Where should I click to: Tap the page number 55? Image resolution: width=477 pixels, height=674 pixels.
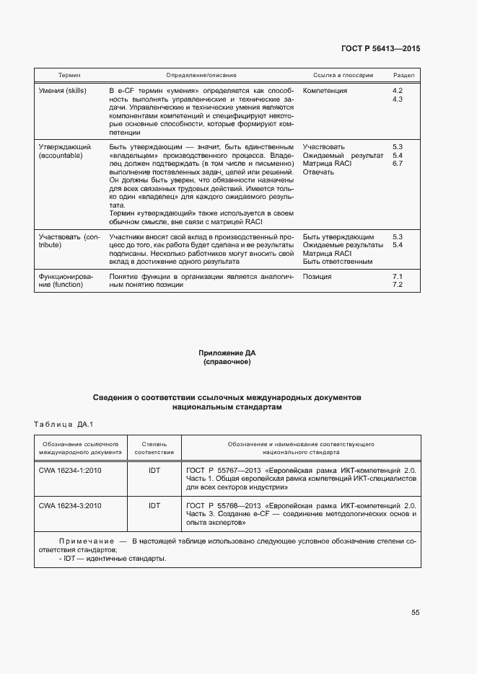[415, 613]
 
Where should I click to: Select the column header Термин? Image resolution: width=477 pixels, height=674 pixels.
[69, 75]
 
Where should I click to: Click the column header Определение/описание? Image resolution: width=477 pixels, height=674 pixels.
[201, 75]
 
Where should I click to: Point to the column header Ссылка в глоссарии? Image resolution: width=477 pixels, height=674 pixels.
[343, 75]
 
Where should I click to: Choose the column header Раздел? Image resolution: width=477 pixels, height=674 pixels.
[403, 75]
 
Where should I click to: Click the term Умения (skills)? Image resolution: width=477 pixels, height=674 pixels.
[61, 91]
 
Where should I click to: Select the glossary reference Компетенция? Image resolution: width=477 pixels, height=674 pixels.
[325, 91]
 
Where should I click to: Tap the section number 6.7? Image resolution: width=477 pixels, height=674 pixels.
[397, 164]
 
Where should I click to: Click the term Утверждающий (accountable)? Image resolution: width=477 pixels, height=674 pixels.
[61, 151]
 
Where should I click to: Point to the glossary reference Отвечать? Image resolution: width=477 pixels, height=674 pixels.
[318, 172]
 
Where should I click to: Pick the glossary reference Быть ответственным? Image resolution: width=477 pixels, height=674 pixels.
[338, 262]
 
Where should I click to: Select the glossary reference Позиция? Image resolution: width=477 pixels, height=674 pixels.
[317, 277]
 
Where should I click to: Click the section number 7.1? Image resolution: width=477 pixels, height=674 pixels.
[397, 277]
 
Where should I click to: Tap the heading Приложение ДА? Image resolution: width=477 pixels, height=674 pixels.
[227, 353]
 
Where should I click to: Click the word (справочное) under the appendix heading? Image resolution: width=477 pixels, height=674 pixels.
[227, 362]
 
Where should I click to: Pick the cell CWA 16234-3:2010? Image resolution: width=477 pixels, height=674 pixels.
[70, 505]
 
